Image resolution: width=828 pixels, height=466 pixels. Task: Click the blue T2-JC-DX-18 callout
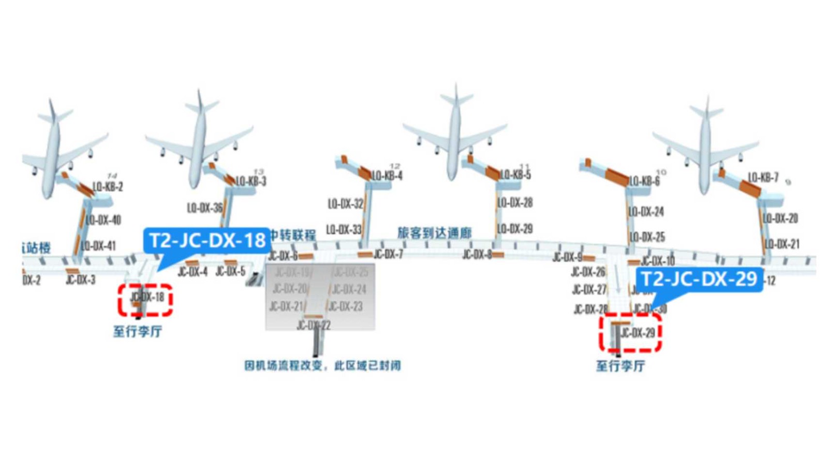(207, 240)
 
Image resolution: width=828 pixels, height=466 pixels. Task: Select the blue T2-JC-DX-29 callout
(699, 279)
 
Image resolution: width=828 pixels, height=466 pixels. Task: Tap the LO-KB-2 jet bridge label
(108, 186)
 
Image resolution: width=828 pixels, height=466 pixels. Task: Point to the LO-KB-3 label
(251, 181)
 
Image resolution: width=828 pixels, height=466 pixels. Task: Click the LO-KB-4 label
(387, 176)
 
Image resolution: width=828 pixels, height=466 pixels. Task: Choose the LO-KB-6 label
(644, 181)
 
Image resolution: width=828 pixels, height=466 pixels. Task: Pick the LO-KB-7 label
(763, 178)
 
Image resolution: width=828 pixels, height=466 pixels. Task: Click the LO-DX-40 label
(103, 220)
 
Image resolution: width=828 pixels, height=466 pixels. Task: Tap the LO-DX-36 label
(205, 208)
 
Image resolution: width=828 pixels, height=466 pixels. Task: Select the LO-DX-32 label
(345, 203)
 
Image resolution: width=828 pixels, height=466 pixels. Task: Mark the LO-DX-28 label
(515, 202)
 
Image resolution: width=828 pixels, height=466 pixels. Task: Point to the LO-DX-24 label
(646, 211)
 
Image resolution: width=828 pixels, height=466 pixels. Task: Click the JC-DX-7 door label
(388, 254)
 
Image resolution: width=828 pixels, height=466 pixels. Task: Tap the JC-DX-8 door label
(477, 254)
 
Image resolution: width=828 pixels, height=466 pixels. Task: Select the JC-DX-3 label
(81, 280)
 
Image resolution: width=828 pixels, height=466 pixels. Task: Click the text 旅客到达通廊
(434, 233)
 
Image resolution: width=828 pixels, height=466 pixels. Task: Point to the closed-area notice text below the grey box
(322, 366)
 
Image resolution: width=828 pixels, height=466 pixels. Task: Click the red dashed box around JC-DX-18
(145, 300)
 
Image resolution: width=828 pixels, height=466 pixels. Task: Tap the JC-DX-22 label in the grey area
(313, 325)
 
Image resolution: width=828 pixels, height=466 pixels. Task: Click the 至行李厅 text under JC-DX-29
(620, 366)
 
